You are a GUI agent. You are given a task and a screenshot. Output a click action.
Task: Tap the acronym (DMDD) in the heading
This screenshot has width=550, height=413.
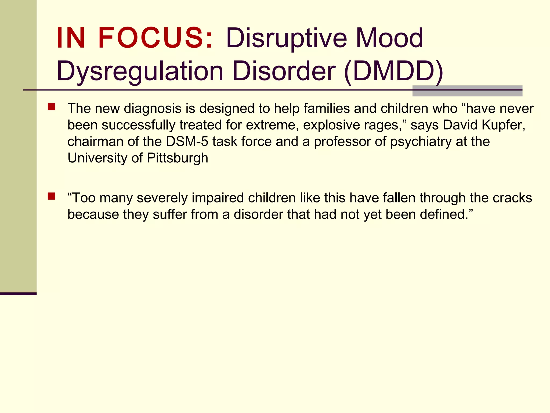pos(393,71)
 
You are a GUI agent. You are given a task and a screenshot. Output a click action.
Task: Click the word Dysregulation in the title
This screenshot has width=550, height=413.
pos(140,71)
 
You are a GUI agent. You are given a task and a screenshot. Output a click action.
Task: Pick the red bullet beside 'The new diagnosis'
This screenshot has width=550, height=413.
pos(51,107)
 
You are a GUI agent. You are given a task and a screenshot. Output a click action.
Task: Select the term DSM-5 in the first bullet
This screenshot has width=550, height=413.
pos(187,141)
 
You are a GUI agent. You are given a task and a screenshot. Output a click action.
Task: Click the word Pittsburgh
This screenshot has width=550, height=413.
pos(178,158)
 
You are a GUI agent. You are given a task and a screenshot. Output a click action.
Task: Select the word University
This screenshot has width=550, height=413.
pos(97,158)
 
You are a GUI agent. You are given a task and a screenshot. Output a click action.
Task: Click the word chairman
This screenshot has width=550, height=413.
pos(95,141)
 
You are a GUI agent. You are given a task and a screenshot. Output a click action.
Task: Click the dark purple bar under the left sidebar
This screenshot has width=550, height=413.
pos(18,294)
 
